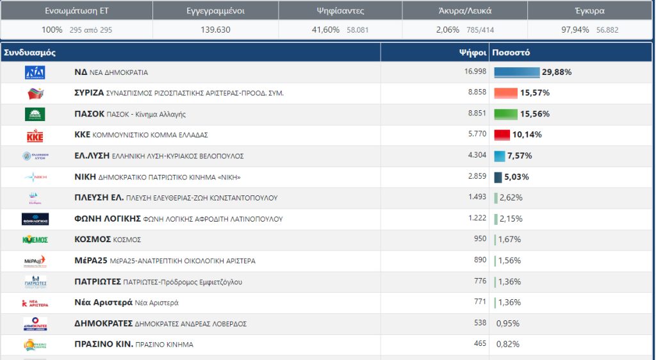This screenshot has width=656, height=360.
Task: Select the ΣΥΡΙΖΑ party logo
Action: (35, 94)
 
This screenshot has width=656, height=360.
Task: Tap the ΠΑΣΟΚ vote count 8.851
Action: (477, 113)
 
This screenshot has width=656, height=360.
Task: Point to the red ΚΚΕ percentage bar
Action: (502, 135)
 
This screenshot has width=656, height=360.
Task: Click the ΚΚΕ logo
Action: (35, 135)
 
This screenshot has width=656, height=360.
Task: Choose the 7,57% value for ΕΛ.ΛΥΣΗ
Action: (520, 156)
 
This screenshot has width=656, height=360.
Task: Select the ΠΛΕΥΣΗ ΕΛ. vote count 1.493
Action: (477, 197)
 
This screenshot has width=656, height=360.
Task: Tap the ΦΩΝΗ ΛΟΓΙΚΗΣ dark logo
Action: (35, 219)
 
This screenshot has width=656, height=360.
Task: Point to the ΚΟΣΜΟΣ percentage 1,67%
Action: (509, 240)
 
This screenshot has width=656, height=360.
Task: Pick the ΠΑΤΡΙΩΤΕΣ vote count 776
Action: (480, 281)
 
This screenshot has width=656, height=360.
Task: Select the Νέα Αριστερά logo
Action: (35, 303)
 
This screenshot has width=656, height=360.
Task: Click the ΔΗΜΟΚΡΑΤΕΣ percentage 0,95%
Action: (507, 323)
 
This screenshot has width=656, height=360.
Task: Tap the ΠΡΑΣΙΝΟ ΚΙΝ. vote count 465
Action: (480, 344)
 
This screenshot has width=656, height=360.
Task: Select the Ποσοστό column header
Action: (512, 53)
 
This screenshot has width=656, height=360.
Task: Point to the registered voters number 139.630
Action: (215, 30)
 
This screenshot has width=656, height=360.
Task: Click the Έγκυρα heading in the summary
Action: (589, 10)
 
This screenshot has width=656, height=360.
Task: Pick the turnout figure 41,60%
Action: (325, 30)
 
